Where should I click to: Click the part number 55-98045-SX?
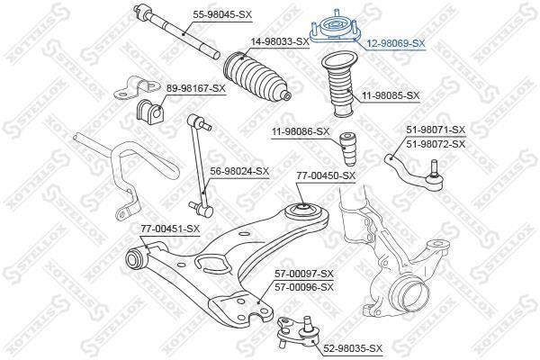pyautogui.click(x=222, y=14)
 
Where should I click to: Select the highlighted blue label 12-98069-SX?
pyautogui.click(x=396, y=43)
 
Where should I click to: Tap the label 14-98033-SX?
pyautogui.click(x=280, y=41)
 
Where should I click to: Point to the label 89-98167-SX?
pyautogui.click(x=196, y=88)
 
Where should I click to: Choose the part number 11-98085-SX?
pyautogui.click(x=390, y=95)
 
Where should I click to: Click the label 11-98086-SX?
pyautogui.click(x=301, y=131)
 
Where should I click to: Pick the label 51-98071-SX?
pyautogui.click(x=436, y=130)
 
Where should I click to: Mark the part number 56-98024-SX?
pyautogui.click(x=239, y=171)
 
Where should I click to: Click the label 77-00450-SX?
pyautogui.click(x=326, y=176)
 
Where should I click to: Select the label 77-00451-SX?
pyautogui.click(x=170, y=229)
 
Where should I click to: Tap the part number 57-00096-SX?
pyautogui.click(x=304, y=287)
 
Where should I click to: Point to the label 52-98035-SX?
pyautogui.click(x=353, y=348)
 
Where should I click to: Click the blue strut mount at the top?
pyautogui.click(x=335, y=31)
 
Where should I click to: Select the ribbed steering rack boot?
pyautogui.click(x=257, y=77)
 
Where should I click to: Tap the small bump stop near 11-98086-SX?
pyautogui.click(x=347, y=149)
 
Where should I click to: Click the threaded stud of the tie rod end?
pyautogui.click(x=434, y=167)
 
